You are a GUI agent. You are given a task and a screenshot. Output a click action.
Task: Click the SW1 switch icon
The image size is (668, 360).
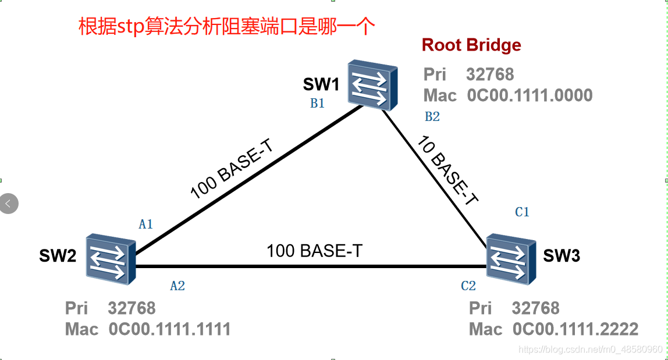(373, 85)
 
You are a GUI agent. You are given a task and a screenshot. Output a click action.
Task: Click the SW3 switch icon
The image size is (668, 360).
(510, 259)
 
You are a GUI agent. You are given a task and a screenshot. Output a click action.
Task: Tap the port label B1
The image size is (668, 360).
(317, 104)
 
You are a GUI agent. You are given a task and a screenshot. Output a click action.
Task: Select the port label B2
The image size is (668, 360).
(432, 117)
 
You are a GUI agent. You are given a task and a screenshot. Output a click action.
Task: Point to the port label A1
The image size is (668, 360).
(145, 224)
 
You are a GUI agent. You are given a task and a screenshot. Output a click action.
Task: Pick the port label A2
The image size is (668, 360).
(177, 286)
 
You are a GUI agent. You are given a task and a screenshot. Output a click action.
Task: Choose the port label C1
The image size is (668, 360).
(522, 212)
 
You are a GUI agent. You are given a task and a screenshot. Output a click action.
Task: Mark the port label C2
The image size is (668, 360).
(468, 286)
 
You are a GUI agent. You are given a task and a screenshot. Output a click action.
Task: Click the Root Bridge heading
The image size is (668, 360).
(471, 45)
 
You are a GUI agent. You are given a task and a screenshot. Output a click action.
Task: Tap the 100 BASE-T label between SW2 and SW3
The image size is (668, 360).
(314, 251)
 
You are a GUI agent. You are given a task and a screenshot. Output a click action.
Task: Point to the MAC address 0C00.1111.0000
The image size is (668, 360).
(530, 95)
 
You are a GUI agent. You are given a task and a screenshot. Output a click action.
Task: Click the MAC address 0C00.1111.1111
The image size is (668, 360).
(169, 329)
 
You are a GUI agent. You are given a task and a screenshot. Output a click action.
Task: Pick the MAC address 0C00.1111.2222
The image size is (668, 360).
(575, 329)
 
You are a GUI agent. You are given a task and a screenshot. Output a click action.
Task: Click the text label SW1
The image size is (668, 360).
(321, 85)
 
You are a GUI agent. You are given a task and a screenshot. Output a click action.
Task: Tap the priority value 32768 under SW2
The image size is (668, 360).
(132, 308)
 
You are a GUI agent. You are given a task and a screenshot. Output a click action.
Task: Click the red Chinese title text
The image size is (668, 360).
(227, 27)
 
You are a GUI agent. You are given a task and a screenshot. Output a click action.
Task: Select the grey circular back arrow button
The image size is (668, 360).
(9, 204)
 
